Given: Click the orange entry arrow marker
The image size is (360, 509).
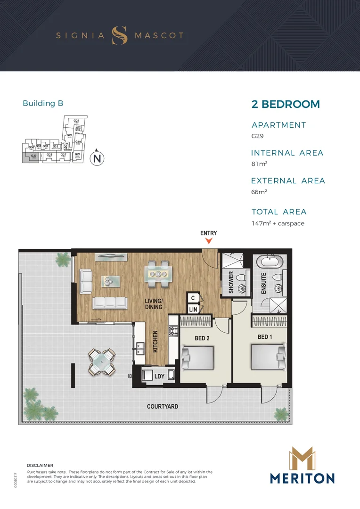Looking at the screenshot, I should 209,241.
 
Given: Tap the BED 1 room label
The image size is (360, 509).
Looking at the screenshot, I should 265,337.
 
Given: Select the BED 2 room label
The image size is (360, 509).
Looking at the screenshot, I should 203,338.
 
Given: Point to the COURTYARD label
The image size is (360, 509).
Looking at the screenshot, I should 163,406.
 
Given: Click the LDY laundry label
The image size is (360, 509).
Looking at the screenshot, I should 160,376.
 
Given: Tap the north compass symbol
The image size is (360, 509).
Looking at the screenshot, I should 97,158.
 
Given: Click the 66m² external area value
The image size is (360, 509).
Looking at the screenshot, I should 260,192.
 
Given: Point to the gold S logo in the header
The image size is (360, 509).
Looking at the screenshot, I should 119,35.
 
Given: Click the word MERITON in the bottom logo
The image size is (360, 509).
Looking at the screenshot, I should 302,478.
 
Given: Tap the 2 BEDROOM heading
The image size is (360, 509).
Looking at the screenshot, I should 286,104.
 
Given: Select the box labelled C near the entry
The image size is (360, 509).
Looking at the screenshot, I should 193,298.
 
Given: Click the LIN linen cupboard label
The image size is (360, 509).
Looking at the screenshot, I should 193,310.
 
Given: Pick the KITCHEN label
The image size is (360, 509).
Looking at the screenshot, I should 155,342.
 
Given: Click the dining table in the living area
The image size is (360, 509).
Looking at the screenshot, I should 157,274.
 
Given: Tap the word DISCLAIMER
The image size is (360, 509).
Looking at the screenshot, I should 40,465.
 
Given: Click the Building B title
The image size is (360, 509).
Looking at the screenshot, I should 43,103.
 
